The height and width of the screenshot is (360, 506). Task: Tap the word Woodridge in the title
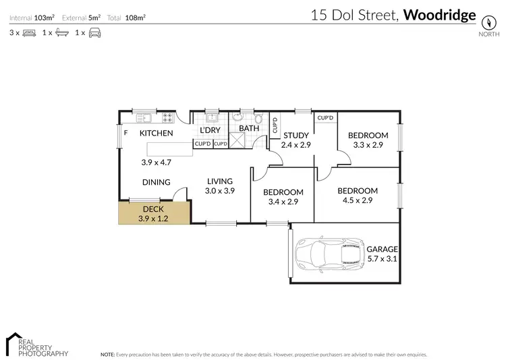[x=439, y=16]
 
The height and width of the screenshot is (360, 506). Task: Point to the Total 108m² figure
[x=135, y=17]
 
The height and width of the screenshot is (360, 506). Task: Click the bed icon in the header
[x=30, y=32]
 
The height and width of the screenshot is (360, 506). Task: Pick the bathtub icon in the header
[x=62, y=32]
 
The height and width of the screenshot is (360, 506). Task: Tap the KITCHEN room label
[x=157, y=133]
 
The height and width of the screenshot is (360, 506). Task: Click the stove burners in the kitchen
[x=167, y=118]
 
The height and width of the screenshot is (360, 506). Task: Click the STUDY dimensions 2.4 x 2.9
[x=296, y=145]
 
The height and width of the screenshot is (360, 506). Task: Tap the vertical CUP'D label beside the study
[x=275, y=125]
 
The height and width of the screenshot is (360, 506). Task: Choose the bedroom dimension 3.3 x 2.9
[x=368, y=145]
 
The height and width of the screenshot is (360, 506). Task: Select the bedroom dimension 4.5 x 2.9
[x=359, y=200]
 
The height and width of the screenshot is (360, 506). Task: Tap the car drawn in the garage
[x=328, y=253]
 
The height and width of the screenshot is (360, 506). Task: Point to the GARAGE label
[x=383, y=249]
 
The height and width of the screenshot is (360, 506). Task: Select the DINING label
[x=156, y=182]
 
